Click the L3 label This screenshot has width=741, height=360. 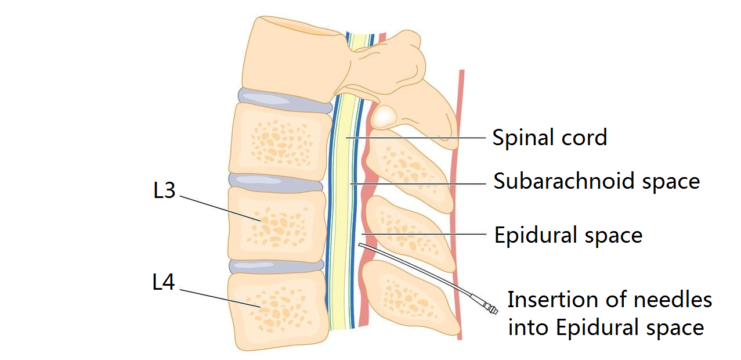(x=164, y=191)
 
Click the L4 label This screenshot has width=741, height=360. (x=164, y=283)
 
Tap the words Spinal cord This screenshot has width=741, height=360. (x=549, y=138)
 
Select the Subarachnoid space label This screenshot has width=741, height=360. (x=597, y=181)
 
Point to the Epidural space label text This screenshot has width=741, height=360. (x=568, y=235)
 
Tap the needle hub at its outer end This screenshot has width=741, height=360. (x=491, y=308)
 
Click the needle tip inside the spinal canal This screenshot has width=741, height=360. (x=362, y=246)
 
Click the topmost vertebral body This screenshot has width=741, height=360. (x=290, y=55)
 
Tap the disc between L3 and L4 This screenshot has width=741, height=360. (x=276, y=266)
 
